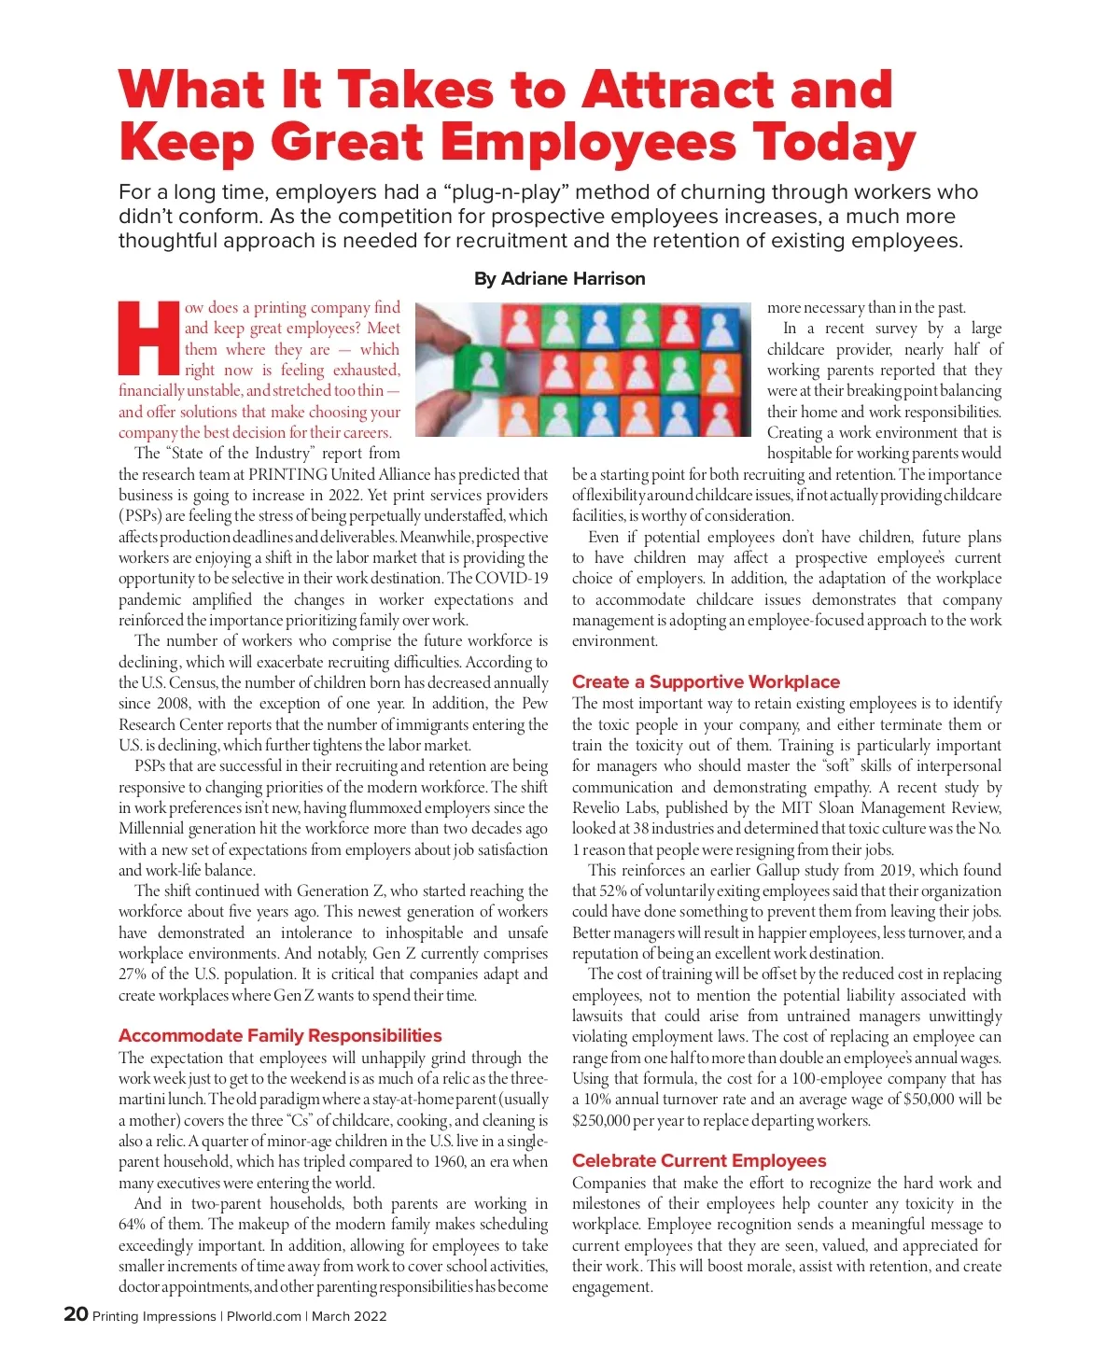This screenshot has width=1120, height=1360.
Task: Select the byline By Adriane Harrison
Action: pyautogui.click(x=559, y=278)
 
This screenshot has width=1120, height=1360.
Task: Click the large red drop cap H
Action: pyautogui.click(x=148, y=339)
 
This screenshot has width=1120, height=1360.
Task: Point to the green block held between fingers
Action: pyautogui.click(x=485, y=368)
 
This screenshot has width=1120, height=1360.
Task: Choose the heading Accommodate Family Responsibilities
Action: pyautogui.click(x=280, y=1035)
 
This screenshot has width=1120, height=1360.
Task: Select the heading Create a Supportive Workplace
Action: pyautogui.click(x=706, y=681)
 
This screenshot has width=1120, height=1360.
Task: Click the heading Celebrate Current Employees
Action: pyautogui.click(x=699, y=1160)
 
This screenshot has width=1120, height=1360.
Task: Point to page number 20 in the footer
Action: pyautogui.click(x=76, y=1314)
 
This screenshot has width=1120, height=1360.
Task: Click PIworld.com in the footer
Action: pyautogui.click(x=264, y=1316)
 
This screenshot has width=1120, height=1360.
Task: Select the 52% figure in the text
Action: pyautogui.click(x=612, y=890)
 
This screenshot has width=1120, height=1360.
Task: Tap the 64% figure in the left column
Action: pyautogui.click(x=134, y=1224)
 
